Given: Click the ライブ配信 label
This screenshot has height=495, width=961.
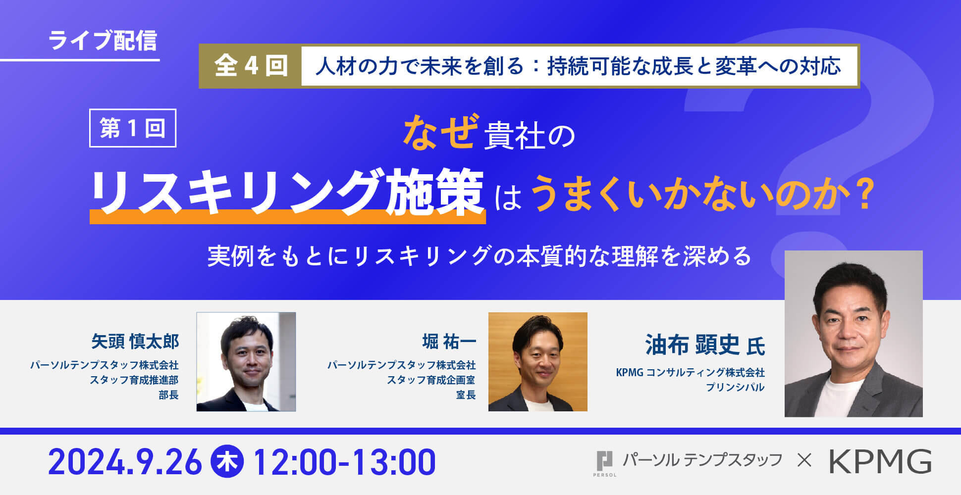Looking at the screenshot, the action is pyautogui.click(x=103, y=41).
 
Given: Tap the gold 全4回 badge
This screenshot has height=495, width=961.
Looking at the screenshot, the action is pyautogui.click(x=251, y=66).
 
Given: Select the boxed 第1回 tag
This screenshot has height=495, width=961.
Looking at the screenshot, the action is pyautogui.click(x=133, y=128).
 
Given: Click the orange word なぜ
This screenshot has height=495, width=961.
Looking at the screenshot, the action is pyautogui.click(x=441, y=132).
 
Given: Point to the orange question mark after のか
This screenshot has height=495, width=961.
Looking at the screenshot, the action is pyautogui.click(x=864, y=195).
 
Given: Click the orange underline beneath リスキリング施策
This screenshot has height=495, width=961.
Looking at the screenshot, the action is pyautogui.click(x=287, y=217).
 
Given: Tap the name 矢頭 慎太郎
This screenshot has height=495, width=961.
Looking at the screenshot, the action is pyautogui.click(x=135, y=342).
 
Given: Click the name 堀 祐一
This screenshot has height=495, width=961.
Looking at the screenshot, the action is pyautogui.click(x=449, y=342).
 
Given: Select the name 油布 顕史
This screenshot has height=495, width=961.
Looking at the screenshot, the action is pyautogui.click(x=692, y=345).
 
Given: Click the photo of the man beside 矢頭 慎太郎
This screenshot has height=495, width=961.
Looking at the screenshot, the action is pyautogui.click(x=246, y=362).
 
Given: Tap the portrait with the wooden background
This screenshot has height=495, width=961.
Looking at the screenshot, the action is pyautogui.click(x=538, y=362).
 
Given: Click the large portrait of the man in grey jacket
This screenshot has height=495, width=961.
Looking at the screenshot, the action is pyautogui.click(x=854, y=334).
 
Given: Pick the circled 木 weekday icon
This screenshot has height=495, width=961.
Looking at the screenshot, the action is pyautogui.click(x=227, y=462).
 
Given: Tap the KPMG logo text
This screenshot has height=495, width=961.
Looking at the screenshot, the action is pyautogui.click(x=881, y=462).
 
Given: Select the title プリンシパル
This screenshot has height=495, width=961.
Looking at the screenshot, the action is pyautogui.click(x=735, y=387).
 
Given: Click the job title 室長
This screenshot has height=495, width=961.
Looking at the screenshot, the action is pyautogui.click(x=466, y=395).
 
